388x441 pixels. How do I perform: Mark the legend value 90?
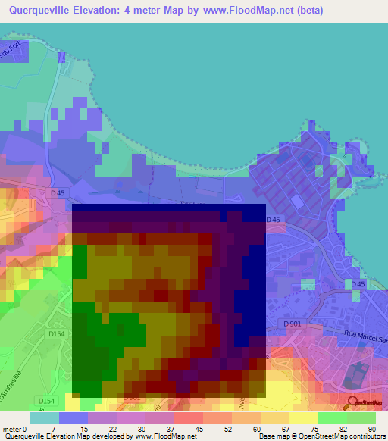point(372,428)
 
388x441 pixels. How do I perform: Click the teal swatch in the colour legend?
point(45,418)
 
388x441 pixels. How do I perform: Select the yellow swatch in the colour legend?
point(303,418)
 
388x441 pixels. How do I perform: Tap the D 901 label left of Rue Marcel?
point(293,324)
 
